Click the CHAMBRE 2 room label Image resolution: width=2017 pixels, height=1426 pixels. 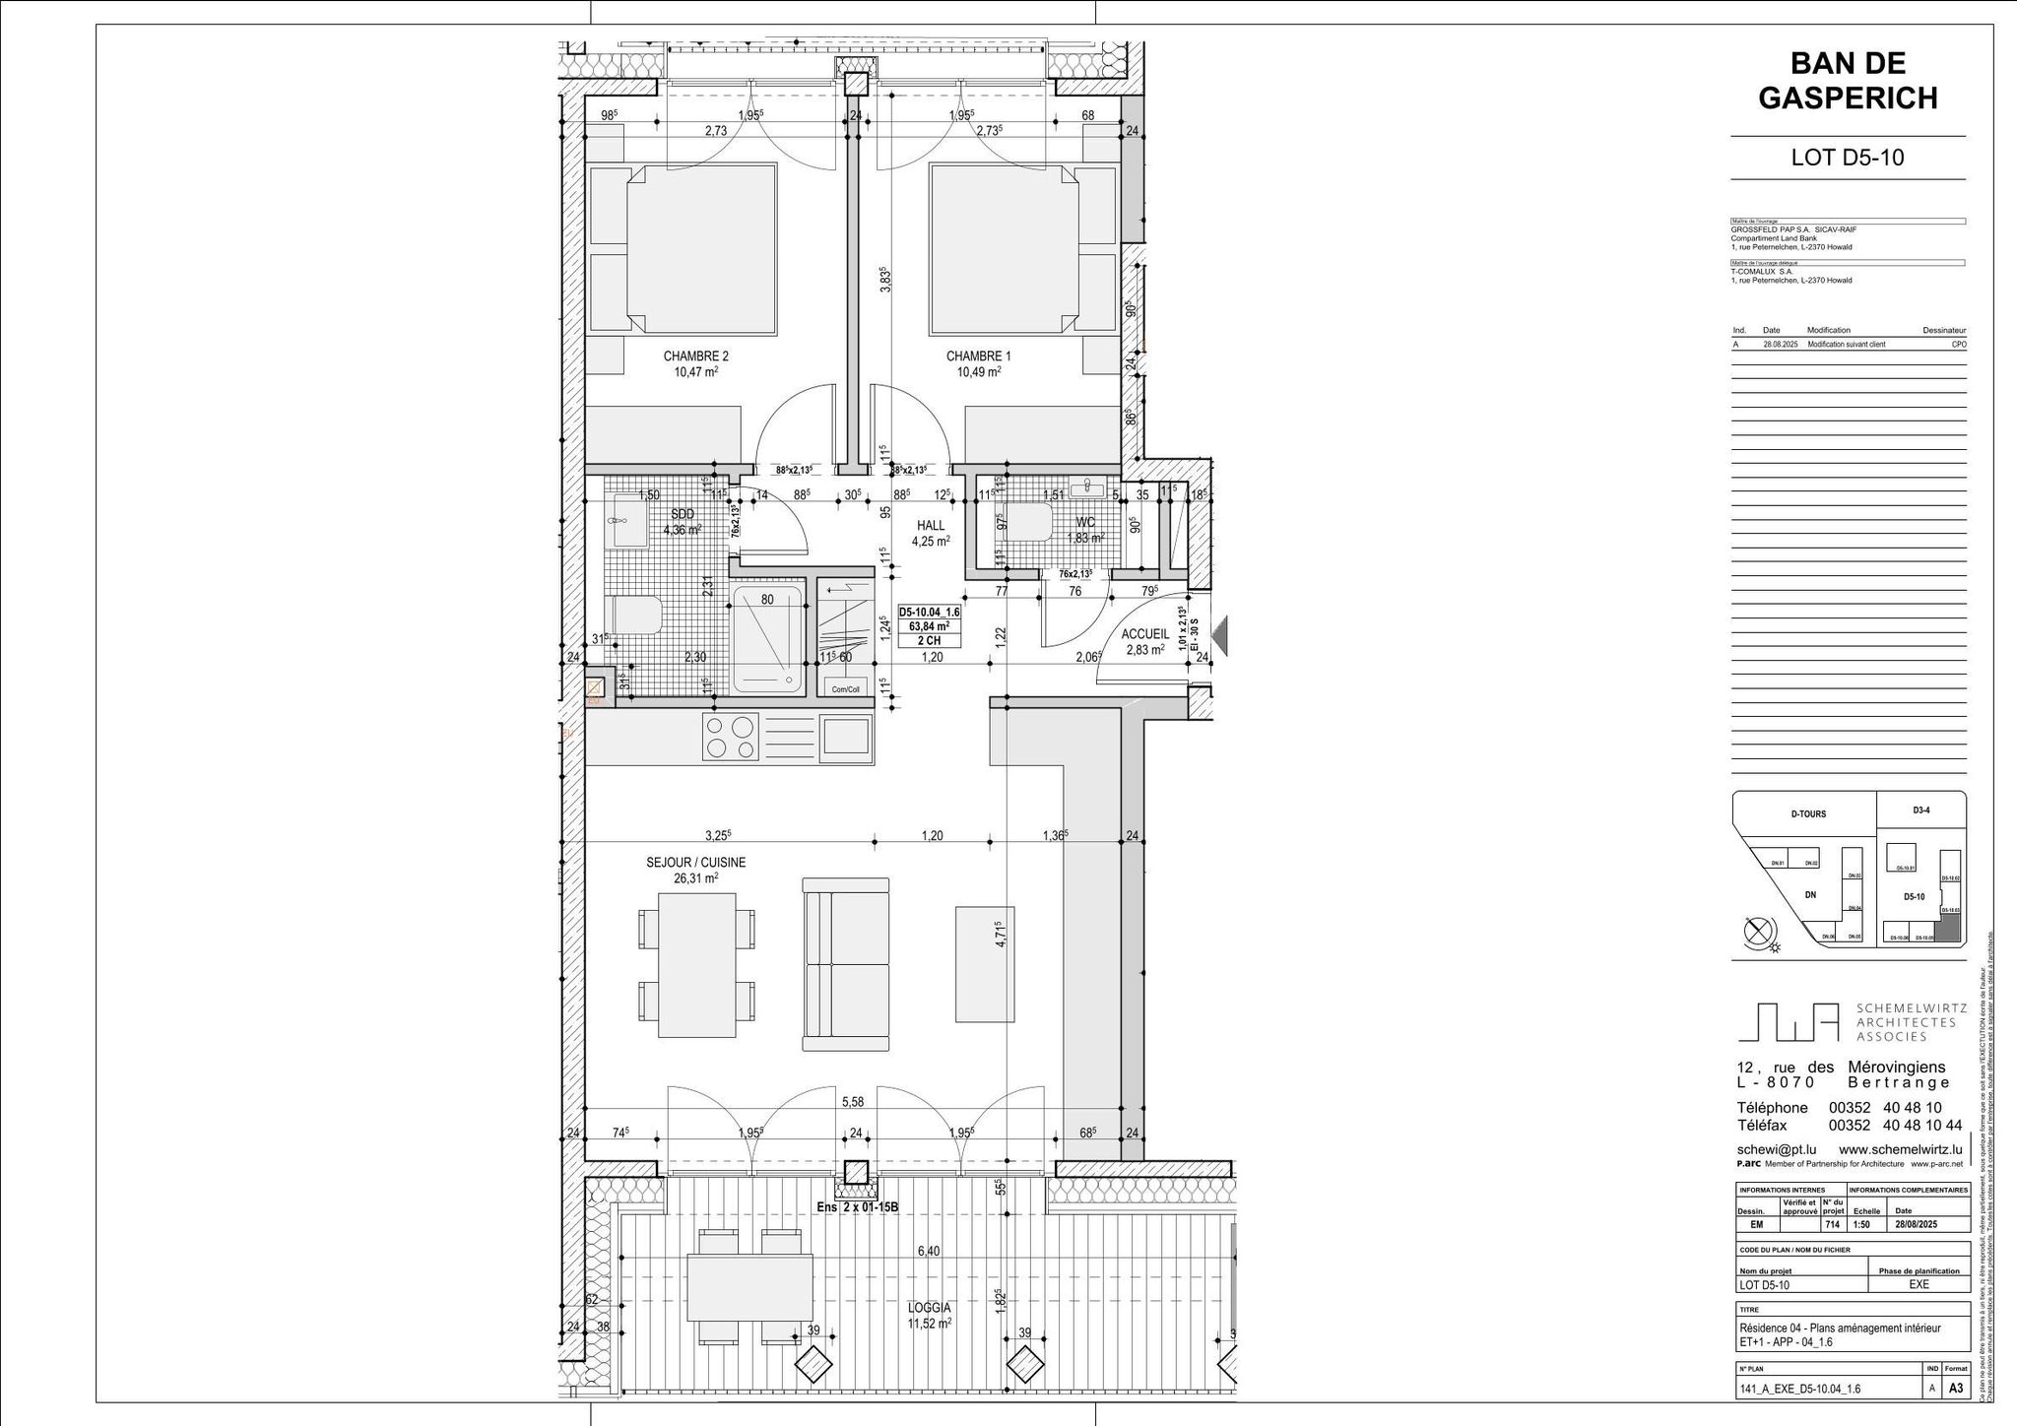(x=695, y=356)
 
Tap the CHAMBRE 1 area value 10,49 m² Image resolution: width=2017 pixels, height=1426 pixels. (x=979, y=372)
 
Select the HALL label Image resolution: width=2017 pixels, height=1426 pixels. (x=930, y=526)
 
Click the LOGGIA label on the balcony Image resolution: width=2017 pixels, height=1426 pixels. (x=930, y=1308)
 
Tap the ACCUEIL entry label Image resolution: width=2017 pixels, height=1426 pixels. (x=1144, y=635)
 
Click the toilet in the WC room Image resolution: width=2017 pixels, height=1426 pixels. (x=1024, y=523)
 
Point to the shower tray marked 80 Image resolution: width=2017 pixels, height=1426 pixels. (x=767, y=639)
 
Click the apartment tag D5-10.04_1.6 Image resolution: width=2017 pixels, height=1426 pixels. (x=929, y=612)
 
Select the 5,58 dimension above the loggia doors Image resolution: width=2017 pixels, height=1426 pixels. (x=852, y=1101)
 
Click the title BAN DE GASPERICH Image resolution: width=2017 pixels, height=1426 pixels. (x=1848, y=81)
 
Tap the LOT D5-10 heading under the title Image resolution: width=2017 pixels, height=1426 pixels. (x=1847, y=158)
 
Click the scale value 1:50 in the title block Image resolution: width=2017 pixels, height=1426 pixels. (x=1860, y=1225)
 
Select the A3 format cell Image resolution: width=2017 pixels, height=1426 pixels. (x=1956, y=1390)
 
